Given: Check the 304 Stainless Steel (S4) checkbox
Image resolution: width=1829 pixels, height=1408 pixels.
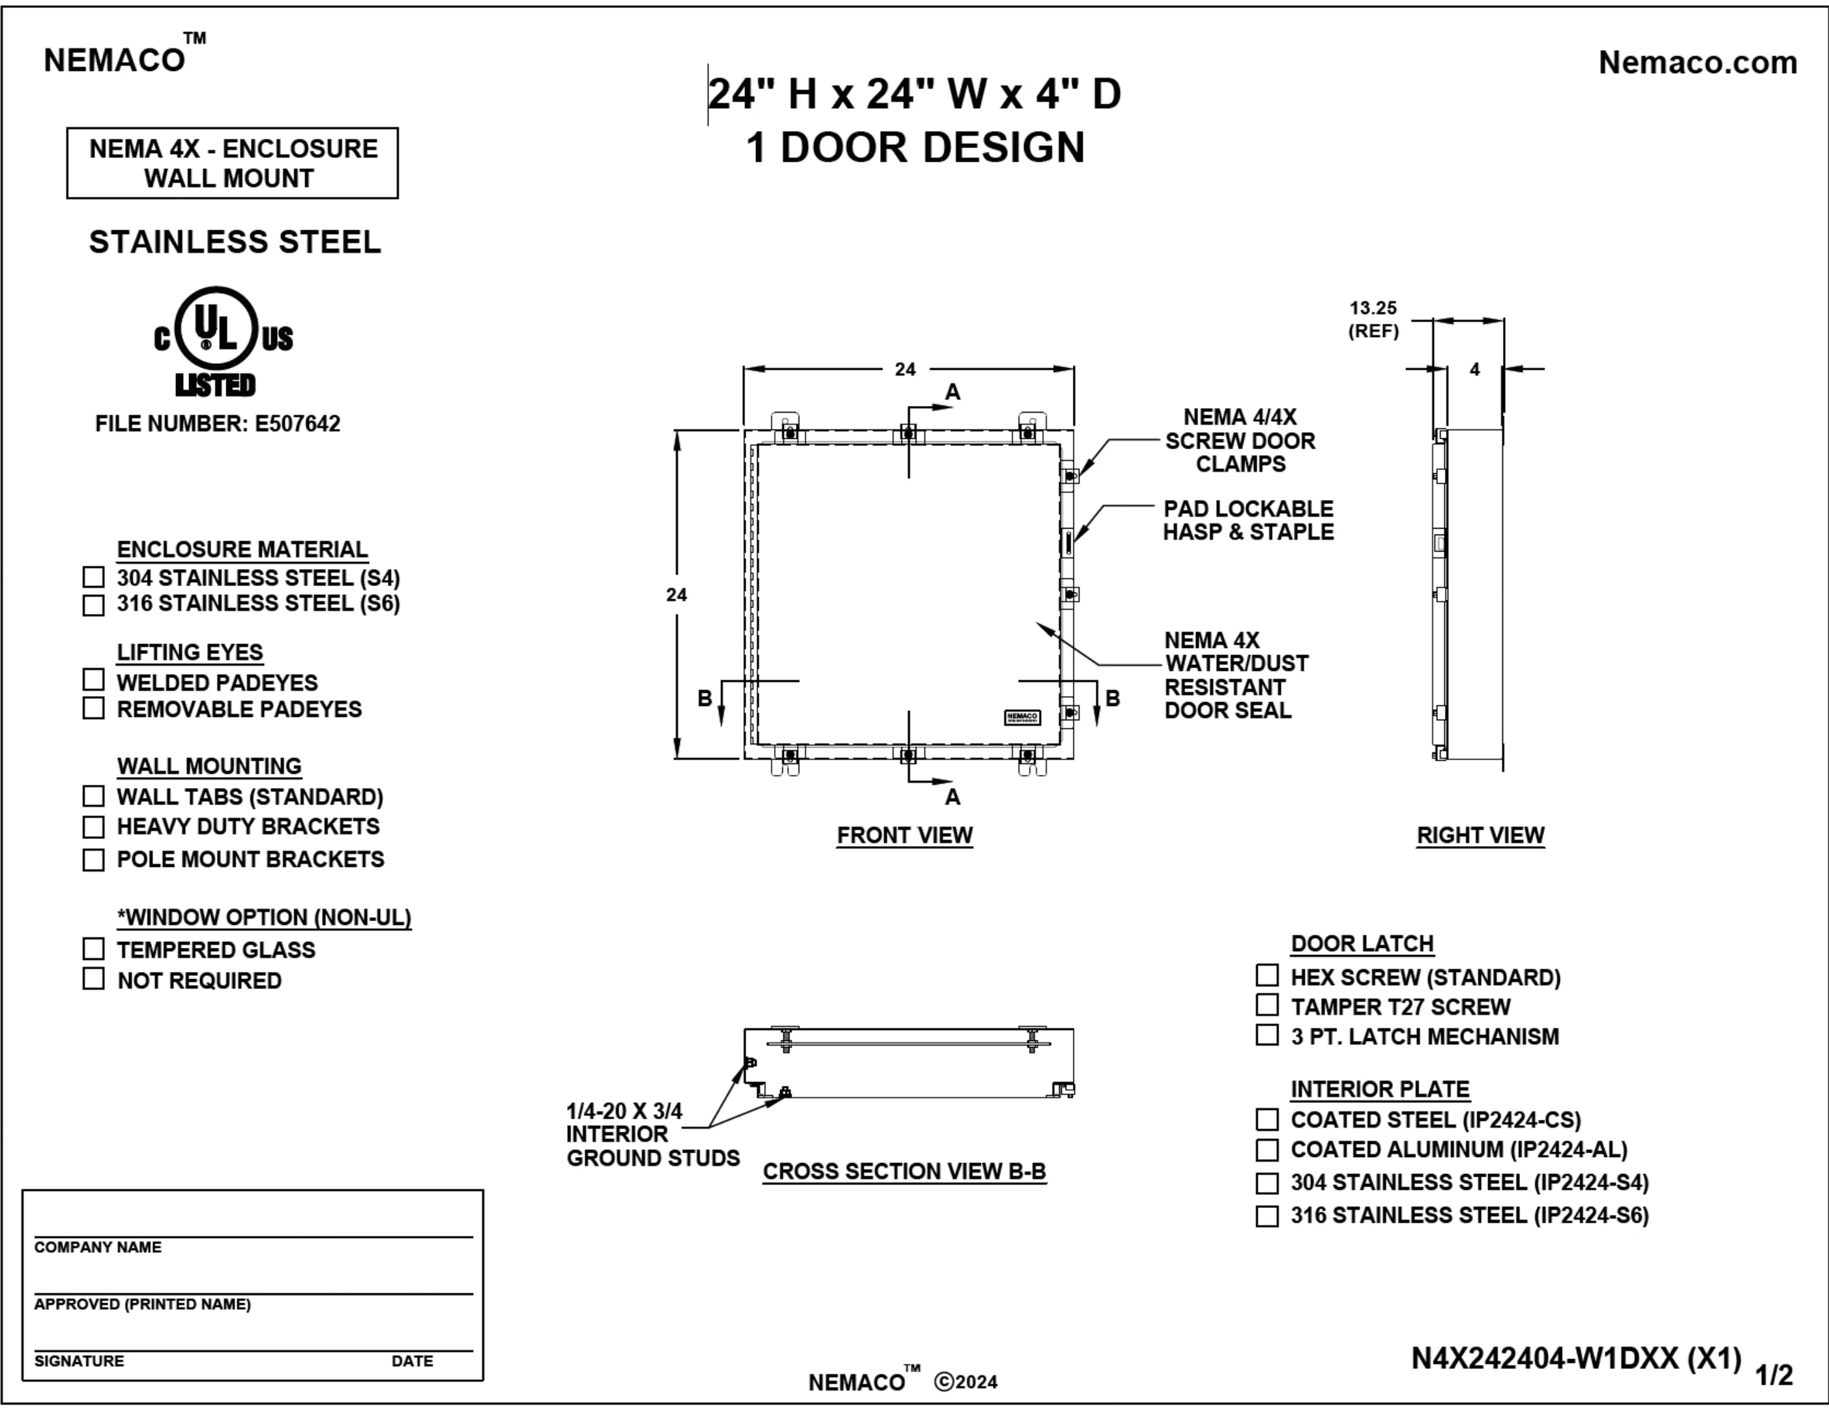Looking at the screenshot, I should point(94,577).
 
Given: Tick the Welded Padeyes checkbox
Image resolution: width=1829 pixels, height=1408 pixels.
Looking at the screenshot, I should point(94,679).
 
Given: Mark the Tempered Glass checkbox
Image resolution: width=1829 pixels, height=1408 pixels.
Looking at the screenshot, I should point(94,949).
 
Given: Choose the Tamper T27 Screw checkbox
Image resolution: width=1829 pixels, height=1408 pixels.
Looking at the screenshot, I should point(1267,1005).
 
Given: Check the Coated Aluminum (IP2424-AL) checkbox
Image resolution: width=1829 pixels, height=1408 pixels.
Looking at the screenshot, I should point(1267,1150).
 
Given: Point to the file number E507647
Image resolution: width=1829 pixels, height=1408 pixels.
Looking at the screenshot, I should point(218,424).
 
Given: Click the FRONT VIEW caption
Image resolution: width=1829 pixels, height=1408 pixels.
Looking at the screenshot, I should point(905,835).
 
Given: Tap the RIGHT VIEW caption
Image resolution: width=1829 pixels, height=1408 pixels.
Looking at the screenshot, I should point(1480,835).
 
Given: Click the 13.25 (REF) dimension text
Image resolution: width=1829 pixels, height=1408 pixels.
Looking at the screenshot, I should point(1373,319).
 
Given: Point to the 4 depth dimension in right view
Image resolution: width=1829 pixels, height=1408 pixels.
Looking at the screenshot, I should point(1475,370).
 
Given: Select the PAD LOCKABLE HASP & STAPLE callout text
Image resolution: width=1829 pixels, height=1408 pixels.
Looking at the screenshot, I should point(1248,520).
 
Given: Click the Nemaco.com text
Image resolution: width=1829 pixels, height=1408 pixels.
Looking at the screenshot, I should point(1697,62).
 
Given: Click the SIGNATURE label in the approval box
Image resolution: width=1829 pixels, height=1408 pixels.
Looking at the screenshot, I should point(79,1361).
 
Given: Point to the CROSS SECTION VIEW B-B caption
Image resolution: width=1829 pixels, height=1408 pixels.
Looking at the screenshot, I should point(905,1171).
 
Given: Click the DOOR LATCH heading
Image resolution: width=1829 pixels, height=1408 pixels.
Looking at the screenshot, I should point(1362,943).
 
